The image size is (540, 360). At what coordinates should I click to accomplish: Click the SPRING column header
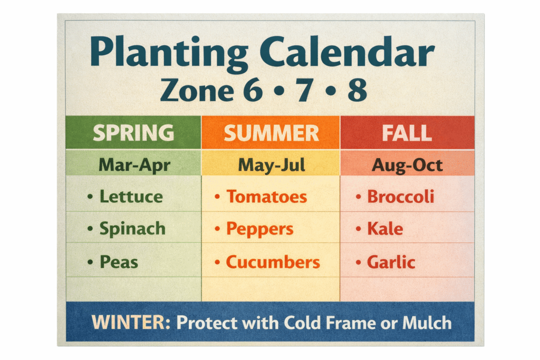[133, 133]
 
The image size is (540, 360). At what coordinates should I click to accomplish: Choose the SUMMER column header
[271, 133]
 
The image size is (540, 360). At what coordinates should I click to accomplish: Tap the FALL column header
[407, 133]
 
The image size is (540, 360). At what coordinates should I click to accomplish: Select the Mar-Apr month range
[134, 165]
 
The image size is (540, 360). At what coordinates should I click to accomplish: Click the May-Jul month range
[272, 165]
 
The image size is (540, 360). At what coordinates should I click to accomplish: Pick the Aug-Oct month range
[407, 165]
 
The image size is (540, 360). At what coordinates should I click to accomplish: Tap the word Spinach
[132, 229]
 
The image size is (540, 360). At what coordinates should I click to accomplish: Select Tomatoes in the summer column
[266, 197]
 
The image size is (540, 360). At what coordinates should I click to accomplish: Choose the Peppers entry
[259, 229]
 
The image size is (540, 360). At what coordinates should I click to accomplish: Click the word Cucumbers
[273, 262]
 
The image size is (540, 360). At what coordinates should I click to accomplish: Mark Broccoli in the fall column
[400, 197]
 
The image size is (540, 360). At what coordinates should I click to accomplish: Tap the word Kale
[385, 229]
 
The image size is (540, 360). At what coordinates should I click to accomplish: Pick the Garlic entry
[391, 262]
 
